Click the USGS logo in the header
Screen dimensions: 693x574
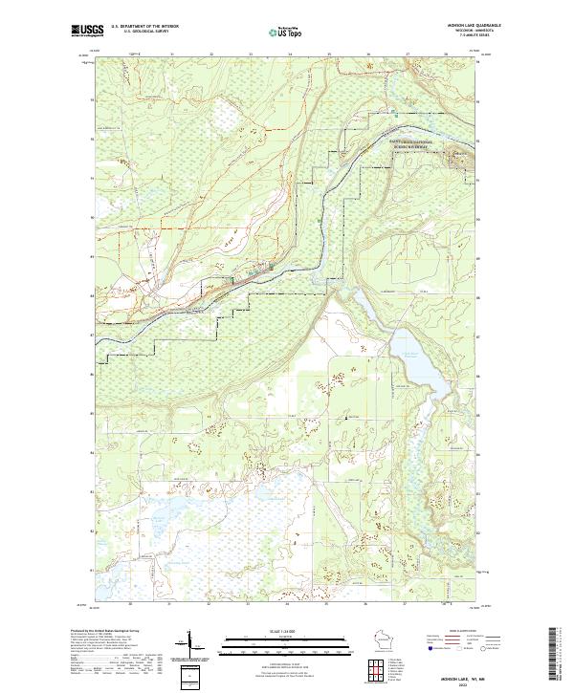pyautogui.click(x=87, y=32)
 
